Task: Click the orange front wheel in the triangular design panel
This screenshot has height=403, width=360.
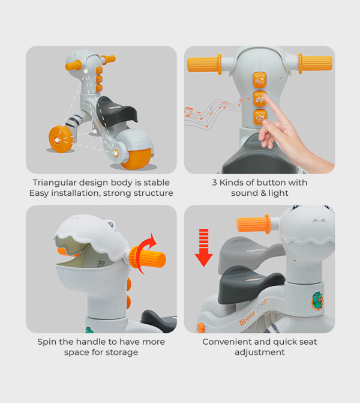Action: coord(61,139)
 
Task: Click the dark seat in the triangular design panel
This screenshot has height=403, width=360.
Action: coord(116,112)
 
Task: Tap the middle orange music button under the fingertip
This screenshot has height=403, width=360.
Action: coord(260,98)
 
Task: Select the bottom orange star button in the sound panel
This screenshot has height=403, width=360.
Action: coord(260,118)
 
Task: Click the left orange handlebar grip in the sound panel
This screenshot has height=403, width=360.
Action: coord(205,64)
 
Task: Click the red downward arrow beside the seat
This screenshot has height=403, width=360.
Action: coord(204,247)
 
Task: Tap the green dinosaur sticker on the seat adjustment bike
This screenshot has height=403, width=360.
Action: coord(317,300)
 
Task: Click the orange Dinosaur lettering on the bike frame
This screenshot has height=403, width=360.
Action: coord(247,318)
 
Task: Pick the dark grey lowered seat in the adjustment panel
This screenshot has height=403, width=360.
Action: coord(250,284)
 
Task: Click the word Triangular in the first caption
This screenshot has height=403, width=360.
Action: coord(55,183)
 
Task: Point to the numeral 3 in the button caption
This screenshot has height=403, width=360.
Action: coord(214,183)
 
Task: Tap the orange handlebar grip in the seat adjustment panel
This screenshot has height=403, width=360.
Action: coord(253,224)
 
